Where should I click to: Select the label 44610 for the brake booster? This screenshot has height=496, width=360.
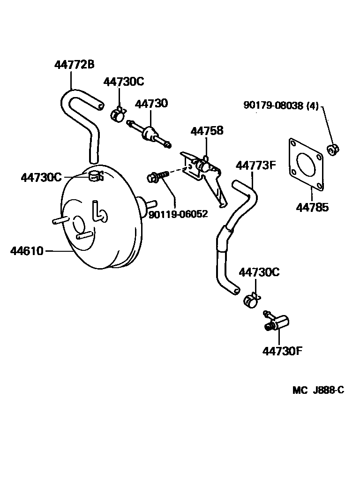pos(27,251)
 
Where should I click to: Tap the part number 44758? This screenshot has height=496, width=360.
pos(207,131)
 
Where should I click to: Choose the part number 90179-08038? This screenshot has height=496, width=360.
pos(273,106)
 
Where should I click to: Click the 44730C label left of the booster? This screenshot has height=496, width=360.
pos(41,177)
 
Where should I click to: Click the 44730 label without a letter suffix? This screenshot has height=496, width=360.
pos(152,104)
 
